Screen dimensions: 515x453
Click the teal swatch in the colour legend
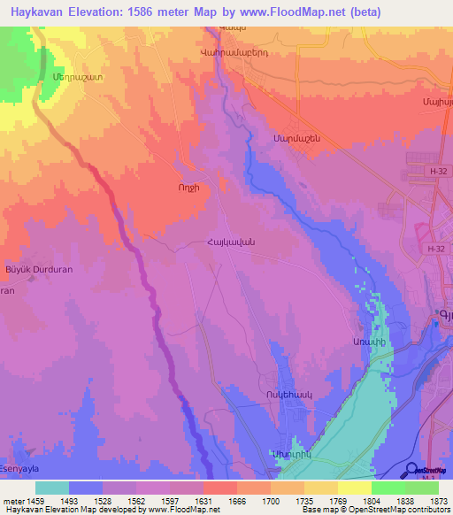tap(52, 488)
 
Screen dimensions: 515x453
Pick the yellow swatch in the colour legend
tap(354, 488)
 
